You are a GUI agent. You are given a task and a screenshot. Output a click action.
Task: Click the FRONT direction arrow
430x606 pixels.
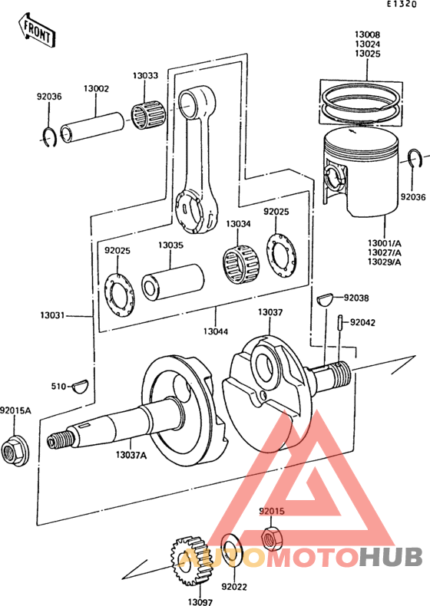[x=36, y=30]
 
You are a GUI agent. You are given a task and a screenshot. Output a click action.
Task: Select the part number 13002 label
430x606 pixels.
[x=96, y=89]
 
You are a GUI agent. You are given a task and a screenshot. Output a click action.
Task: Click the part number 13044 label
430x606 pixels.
[x=215, y=331]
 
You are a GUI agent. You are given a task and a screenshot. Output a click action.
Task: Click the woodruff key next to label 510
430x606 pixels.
[x=79, y=386]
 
